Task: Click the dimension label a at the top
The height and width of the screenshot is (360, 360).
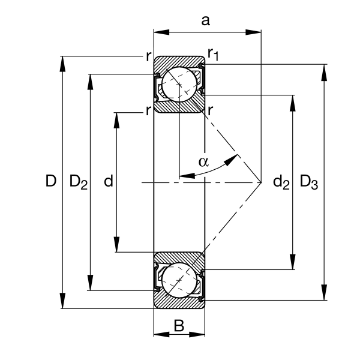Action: tap(205, 20)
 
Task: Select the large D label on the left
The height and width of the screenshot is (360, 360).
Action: tap(51, 181)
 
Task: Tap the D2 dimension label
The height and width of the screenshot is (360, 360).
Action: tap(78, 182)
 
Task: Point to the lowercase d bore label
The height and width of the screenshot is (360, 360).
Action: tap(109, 181)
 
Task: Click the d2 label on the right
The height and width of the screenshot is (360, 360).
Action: tap(281, 182)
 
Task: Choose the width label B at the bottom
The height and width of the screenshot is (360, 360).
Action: tap(179, 326)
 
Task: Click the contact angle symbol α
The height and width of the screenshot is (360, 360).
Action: tap(203, 161)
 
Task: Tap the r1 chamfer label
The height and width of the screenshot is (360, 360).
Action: tap(213, 55)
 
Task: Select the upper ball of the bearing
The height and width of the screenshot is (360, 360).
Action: tap(179, 84)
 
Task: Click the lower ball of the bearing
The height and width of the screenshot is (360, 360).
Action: tap(179, 281)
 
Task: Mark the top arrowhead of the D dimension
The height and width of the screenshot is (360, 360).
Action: tap(62, 64)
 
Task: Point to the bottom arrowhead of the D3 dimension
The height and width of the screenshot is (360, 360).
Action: tap(324, 292)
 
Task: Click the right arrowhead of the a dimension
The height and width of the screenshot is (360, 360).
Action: tap(253, 32)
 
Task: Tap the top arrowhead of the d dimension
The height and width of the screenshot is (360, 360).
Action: tap(116, 121)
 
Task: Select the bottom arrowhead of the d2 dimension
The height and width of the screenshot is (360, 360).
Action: tap(293, 262)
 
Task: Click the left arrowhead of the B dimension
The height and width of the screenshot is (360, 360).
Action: tap(161, 335)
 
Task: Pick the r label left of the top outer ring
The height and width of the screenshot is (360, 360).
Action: tap(149, 56)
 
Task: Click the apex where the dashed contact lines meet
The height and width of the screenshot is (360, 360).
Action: tap(261, 182)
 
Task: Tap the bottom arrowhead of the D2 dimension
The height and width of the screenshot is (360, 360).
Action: tap(91, 283)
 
